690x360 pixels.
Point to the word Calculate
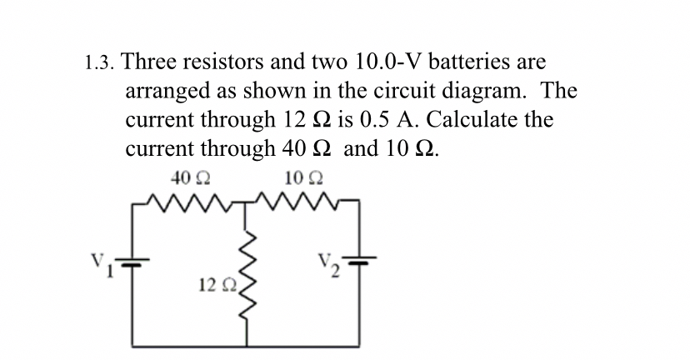click(x=458, y=119)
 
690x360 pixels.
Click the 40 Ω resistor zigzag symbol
click(x=191, y=202)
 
